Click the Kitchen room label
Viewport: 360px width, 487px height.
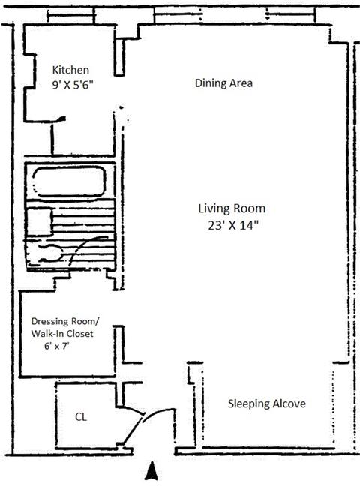70,70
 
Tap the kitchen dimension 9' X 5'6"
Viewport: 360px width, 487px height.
73,85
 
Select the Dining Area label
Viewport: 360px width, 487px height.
223,83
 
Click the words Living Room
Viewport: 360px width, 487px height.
232,209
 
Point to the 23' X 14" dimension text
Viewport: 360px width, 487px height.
233,225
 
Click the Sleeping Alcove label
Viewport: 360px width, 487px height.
266,404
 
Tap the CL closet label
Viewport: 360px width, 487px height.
81,416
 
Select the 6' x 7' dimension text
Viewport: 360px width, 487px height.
56,346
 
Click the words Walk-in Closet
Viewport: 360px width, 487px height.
62,334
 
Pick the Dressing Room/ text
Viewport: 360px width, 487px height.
64,321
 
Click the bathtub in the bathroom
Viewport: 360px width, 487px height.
69,182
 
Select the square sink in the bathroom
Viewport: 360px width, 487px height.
40,222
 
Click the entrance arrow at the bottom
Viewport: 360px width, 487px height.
151,470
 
